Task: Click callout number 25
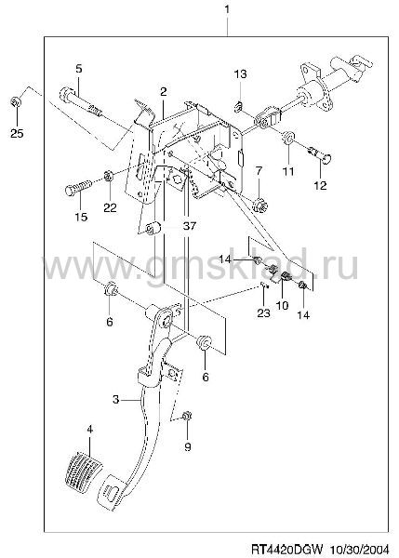(x=17, y=133)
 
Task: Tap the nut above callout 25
(x=16, y=102)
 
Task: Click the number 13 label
(x=240, y=74)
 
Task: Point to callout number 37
(x=190, y=225)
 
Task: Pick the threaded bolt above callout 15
(x=79, y=187)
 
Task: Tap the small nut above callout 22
(x=108, y=175)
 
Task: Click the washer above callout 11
(x=287, y=138)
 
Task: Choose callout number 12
(x=320, y=185)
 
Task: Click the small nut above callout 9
(x=187, y=417)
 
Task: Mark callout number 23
(x=264, y=312)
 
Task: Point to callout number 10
(x=282, y=305)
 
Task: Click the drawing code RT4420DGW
(x=286, y=548)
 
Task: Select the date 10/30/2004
(x=360, y=548)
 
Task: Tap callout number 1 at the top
(x=227, y=9)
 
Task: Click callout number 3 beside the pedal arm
(x=115, y=400)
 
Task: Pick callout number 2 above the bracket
(x=164, y=92)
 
